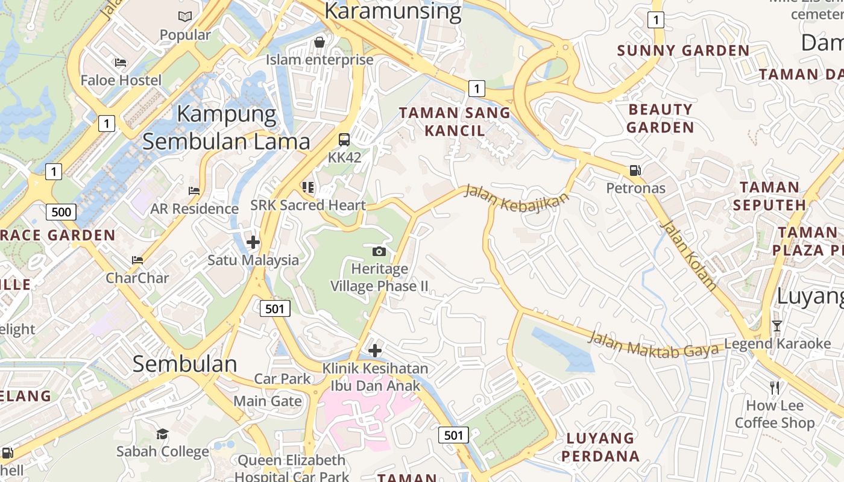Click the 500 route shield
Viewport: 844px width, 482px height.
(x=61, y=211)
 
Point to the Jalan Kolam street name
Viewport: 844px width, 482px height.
(x=688, y=255)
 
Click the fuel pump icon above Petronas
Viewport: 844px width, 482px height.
(x=635, y=171)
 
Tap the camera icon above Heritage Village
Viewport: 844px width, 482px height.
(x=379, y=251)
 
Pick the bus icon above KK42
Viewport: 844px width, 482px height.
(x=344, y=140)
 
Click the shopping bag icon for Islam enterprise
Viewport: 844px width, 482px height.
(x=320, y=42)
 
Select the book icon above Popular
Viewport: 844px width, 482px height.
(x=185, y=17)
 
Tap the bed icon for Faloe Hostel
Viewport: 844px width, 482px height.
(x=121, y=63)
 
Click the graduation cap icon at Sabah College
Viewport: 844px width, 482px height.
(x=162, y=434)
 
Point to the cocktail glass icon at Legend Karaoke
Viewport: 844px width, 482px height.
(x=776, y=326)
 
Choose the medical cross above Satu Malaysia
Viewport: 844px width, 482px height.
(x=253, y=242)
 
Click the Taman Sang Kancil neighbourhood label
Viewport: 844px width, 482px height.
(x=455, y=121)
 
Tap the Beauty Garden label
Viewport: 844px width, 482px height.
(x=660, y=118)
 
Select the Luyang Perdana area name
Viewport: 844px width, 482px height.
(x=600, y=446)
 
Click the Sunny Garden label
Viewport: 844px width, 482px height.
(x=683, y=51)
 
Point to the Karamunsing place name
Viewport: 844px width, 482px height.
(x=392, y=11)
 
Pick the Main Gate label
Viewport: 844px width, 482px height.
(x=268, y=401)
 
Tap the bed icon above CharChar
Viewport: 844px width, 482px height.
(x=137, y=260)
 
